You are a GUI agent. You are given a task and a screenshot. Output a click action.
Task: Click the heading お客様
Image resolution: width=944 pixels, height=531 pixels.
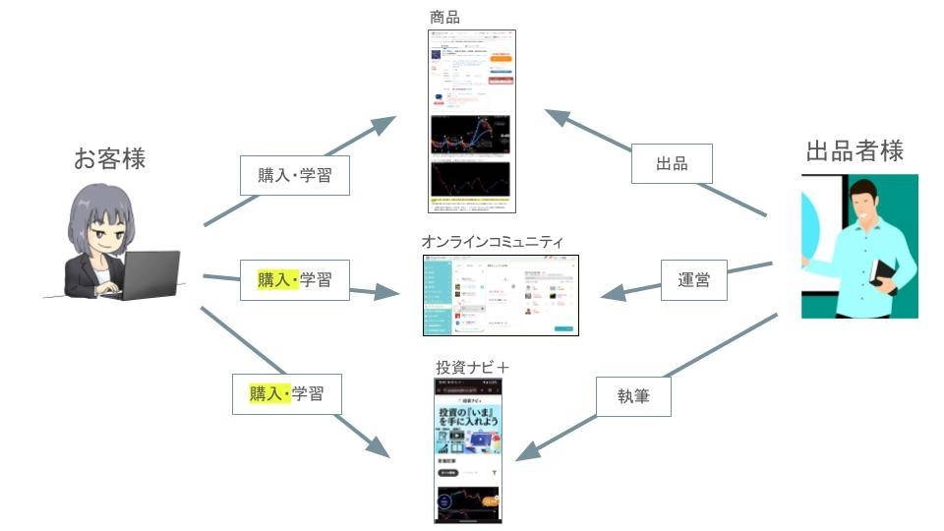pos(109,158)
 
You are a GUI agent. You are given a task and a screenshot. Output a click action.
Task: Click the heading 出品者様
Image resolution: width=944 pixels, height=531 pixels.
pos(854,151)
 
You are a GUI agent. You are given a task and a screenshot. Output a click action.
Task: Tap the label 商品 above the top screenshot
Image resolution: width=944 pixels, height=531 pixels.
pos(444,17)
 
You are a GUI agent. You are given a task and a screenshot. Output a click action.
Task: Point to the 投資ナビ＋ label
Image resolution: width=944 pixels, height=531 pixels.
pos(473,367)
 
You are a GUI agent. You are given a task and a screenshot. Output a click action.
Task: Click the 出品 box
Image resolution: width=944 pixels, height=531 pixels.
pos(672,164)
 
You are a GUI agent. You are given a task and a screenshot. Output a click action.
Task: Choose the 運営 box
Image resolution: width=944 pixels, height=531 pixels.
pos(693,279)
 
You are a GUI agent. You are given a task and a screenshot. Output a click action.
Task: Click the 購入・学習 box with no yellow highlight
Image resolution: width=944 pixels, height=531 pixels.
pos(295,175)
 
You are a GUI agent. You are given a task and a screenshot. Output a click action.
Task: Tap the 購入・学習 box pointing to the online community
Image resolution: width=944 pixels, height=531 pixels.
pos(295,279)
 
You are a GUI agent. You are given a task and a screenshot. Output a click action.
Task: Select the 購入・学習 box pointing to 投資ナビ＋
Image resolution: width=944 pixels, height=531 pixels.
pos(287,394)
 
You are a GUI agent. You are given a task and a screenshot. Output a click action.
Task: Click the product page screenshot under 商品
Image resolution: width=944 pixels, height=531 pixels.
pos(473,122)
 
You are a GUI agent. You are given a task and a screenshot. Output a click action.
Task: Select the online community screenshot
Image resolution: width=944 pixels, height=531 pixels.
pos(499,296)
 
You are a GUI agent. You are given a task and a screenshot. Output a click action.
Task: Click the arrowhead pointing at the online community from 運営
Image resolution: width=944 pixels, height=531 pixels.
pos(611,294)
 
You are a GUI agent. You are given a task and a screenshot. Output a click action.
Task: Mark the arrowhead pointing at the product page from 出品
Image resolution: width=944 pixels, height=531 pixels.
pos(557,114)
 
